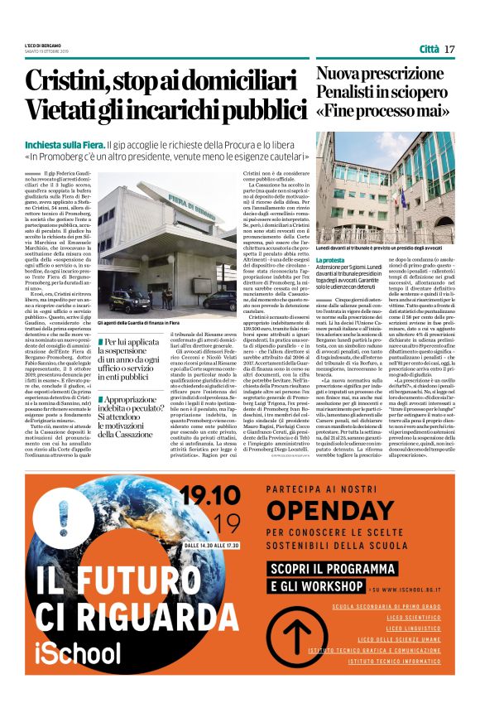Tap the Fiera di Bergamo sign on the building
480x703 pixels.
pyautogui.click(x=168, y=205)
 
